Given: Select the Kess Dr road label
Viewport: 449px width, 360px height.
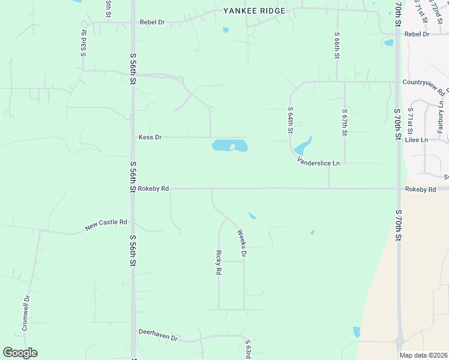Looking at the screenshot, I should click(150, 137).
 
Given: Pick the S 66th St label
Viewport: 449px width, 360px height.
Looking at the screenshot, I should click(337, 47).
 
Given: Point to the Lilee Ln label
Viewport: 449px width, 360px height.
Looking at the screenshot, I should click(417, 140).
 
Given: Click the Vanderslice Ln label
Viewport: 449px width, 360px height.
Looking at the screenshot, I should click(318, 162).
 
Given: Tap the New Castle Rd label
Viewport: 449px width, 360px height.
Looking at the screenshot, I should click(106, 224).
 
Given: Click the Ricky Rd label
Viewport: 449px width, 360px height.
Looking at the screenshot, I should click(219, 263).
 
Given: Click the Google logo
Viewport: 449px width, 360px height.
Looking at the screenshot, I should click(20, 353).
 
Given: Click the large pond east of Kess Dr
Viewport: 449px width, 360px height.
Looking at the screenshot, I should click(229, 146).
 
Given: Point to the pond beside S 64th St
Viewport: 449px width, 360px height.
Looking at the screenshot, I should click(302, 146).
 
